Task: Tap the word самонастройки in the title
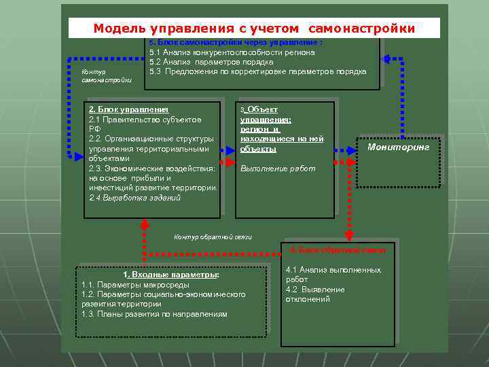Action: (x=361, y=29)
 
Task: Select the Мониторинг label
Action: (x=399, y=147)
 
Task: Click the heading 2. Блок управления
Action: (x=129, y=109)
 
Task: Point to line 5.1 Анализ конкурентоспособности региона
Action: (x=232, y=52)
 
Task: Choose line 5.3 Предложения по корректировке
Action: (x=258, y=71)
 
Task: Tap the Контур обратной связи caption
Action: (x=213, y=237)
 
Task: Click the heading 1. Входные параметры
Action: (x=170, y=275)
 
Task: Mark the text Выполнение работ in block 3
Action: (x=278, y=169)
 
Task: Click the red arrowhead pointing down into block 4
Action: (x=348, y=236)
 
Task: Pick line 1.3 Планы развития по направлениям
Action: (x=154, y=314)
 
